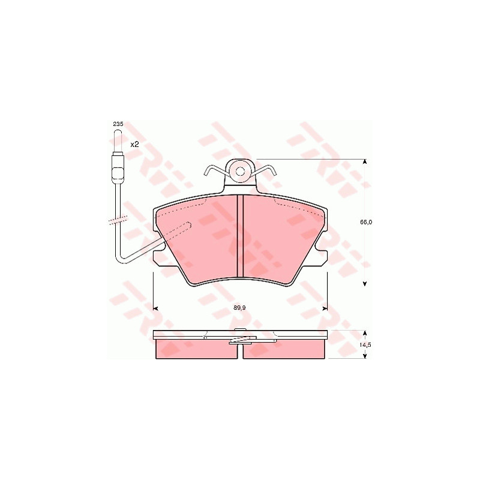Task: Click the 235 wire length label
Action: coord(118,124)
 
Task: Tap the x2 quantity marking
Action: coord(134,145)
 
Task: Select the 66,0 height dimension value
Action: coord(366,222)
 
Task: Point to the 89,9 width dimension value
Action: coord(239,308)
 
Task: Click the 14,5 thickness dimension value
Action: coord(366,344)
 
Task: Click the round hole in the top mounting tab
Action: coord(241,172)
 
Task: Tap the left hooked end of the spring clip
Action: coord(206,172)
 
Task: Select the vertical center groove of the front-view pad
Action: coord(241,236)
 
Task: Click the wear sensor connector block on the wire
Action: coord(118,168)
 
